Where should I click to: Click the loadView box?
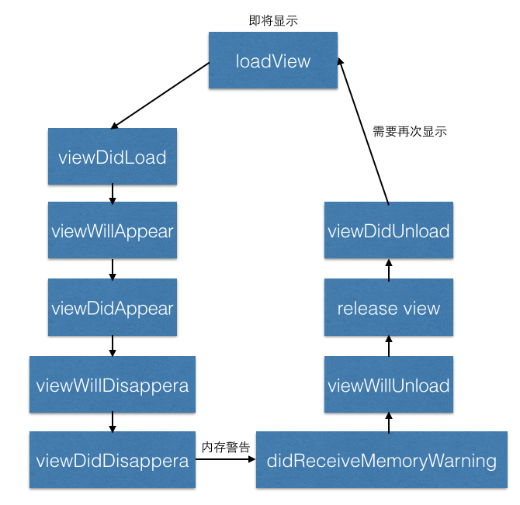273,61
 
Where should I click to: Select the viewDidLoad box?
113,157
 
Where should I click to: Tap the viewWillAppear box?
113,231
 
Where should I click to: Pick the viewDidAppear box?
113,308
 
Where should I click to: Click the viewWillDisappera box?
113,384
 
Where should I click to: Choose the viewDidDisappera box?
113,460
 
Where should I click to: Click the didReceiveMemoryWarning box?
381,460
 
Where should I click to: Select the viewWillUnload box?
389,384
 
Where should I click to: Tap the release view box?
389,308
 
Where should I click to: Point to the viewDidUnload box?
389,231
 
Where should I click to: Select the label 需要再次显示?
410,131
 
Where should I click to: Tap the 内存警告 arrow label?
225,448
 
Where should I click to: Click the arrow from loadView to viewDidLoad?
161,95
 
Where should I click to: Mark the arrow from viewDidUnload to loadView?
363,132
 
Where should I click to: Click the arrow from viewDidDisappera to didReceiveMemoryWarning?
225,460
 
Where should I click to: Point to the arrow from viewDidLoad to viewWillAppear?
113,193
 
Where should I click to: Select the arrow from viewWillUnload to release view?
389,346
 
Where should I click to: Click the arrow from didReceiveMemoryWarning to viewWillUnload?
389,422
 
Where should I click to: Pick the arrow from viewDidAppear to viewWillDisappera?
113,345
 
